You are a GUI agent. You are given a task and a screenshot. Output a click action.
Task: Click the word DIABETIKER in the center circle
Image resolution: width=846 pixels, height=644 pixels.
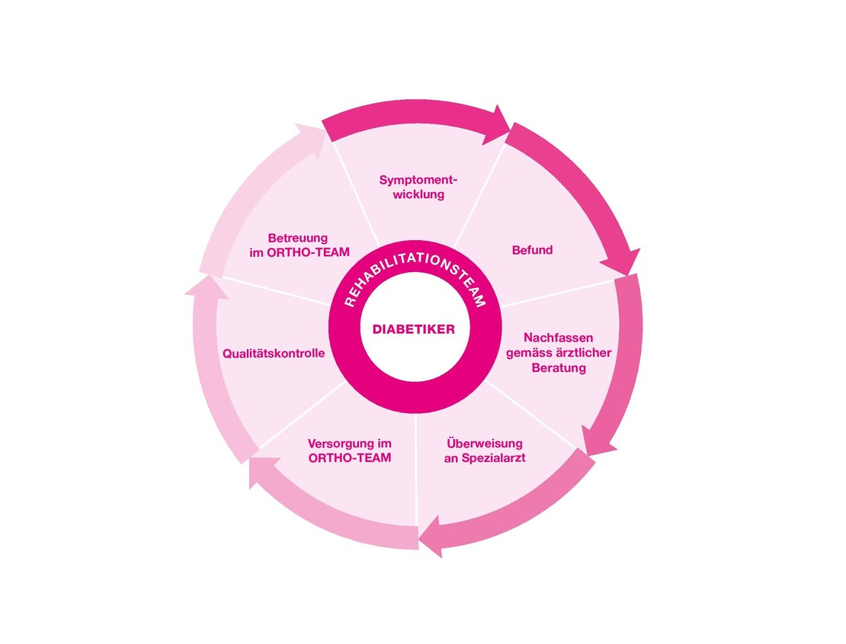[x=413, y=329]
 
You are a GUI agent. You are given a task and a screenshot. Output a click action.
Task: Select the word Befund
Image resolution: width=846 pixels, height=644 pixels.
[x=532, y=250]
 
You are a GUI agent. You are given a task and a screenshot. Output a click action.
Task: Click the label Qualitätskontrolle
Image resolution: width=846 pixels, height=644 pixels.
[x=274, y=354]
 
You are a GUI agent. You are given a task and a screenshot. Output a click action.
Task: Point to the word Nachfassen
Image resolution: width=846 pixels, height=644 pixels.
[x=559, y=338]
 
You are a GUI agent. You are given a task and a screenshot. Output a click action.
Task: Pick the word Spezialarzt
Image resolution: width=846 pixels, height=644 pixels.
[x=494, y=458]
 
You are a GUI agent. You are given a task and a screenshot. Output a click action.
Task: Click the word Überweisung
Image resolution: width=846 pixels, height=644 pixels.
[x=485, y=443]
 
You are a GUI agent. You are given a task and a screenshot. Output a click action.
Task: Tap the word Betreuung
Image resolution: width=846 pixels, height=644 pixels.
[x=298, y=238]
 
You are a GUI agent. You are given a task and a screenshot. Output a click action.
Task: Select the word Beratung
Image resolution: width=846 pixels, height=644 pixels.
[x=559, y=368]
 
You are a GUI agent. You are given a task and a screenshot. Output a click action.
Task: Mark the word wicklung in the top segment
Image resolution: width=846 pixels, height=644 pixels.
[x=418, y=194]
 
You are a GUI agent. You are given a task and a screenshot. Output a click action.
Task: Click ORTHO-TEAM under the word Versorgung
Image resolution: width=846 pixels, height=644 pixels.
[x=350, y=458]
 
